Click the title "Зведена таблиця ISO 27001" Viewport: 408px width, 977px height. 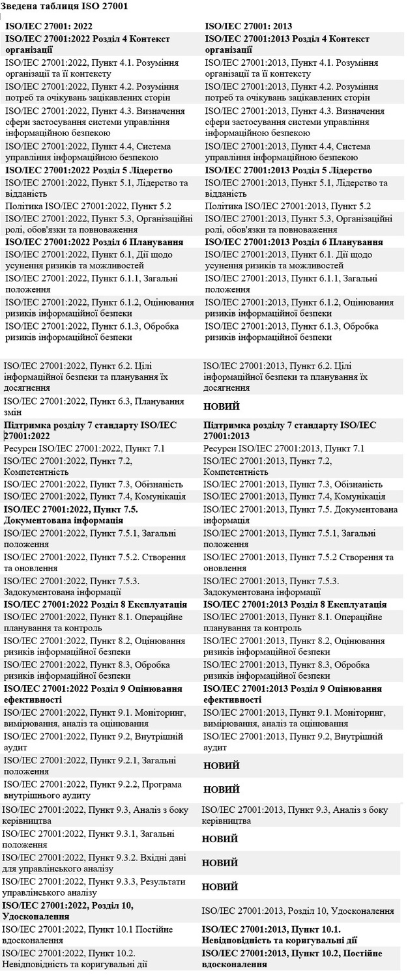(x=65, y=7)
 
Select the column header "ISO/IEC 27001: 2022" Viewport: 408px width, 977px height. (x=48, y=27)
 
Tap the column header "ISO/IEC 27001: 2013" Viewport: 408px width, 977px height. (x=248, y=27)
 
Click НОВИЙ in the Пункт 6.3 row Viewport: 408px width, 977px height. (x=222, y=406)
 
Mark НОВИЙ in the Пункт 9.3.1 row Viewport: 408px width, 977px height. (x=220, y=839)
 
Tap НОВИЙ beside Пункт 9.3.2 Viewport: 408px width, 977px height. (x=220, y=863)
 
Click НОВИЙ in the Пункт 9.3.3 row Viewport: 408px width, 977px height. (x=220, y=886)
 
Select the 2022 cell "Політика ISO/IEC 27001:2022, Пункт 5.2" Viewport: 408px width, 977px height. (x=89, y=206)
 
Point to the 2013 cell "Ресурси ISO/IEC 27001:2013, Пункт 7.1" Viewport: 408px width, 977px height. (x=284, y=448)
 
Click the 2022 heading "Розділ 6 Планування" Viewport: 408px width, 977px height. (x=95, y=242)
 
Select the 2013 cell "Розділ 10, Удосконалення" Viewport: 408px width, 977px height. (x=298, y=911)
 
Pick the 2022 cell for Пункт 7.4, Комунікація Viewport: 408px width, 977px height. (x=89, y=496)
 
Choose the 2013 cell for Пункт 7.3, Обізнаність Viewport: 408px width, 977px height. (x=293, y=484)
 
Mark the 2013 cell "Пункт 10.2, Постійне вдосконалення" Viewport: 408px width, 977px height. (x=291, y=959)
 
